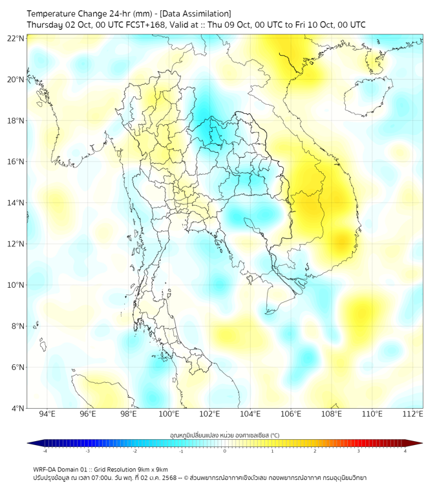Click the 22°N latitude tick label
16,38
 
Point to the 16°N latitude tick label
16,162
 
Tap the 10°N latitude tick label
16,285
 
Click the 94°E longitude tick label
47,414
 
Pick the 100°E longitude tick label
169,414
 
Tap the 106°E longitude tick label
291,414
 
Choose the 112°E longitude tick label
412,414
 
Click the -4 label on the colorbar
45,451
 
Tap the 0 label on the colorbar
225,451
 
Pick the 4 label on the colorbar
405,451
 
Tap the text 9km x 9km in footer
151,469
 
